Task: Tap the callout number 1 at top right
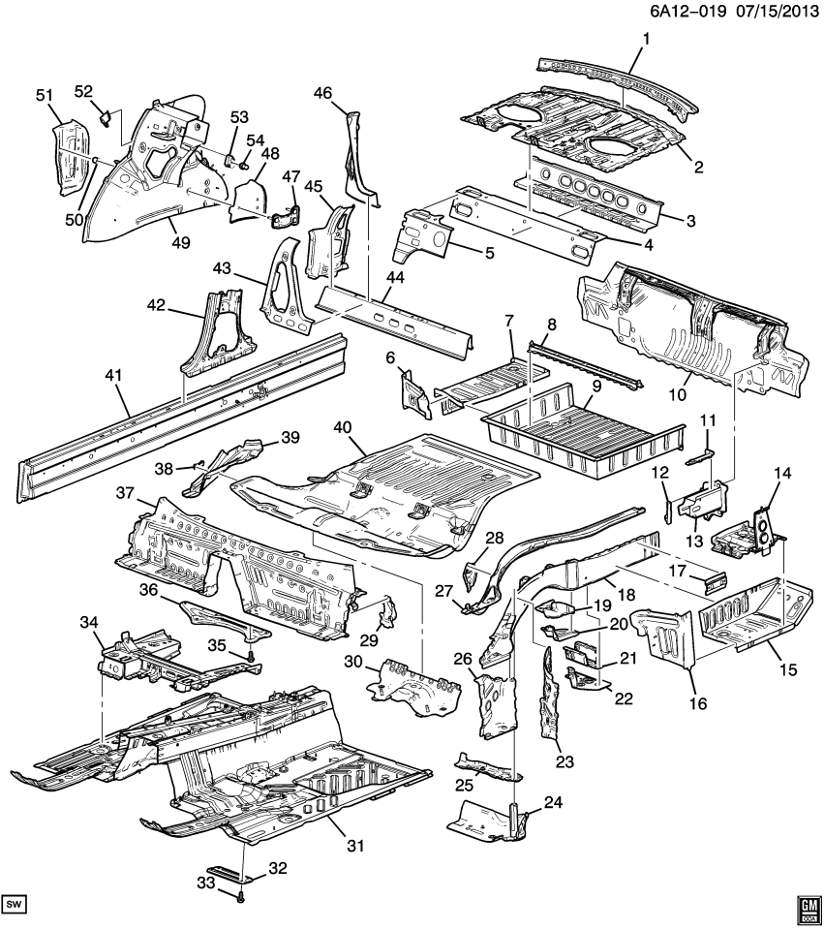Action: click(x=645, y=39)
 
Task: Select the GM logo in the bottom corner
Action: click(x=808, y=906)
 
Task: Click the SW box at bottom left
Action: click(x=14, y=904)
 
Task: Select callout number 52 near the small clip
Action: click(x=83, y=91)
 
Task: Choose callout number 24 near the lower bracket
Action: click(x=552, y=802)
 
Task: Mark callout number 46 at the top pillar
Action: click(x=322, y=93)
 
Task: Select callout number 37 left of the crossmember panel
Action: click(x=124, y=494)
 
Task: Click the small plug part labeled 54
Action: click(x=242, y=166)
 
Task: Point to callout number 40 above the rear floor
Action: click(x=342, y=426)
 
